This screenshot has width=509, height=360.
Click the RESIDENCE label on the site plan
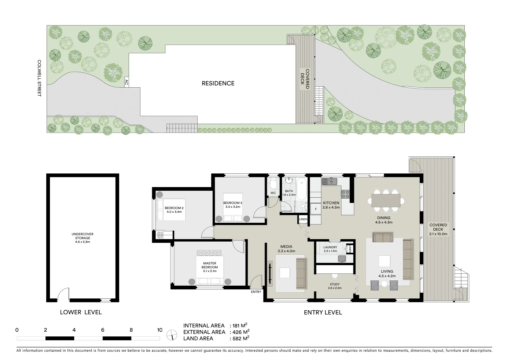(218, 83)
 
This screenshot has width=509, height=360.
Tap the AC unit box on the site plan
(126, 82)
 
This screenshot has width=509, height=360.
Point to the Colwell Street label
(39, 78)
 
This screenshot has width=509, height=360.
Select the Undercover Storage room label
(82, 238)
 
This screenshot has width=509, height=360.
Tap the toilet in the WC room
(273, 184)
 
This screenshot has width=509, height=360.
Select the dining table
(386, 201)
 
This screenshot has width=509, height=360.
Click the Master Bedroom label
(210, 267)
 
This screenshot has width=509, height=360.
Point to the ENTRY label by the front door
(256, 292)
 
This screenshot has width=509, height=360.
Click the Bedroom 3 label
(233, 205)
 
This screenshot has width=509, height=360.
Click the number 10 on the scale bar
(160, 330)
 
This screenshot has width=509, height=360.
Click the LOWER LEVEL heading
(81, 312)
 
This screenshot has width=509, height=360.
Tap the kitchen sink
(329, 182)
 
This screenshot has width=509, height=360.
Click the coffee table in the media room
(285, 273)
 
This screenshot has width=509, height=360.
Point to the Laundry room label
(330, 249)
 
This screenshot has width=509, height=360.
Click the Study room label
(334, 286)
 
